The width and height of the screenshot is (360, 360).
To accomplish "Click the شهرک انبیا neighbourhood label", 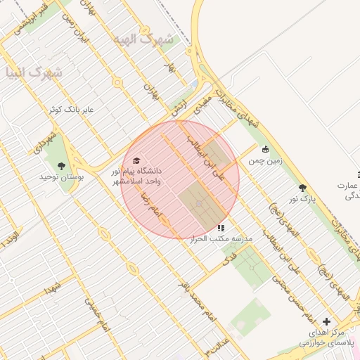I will tap(33, 72).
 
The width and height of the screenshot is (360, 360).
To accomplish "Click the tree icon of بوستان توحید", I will tap(63, 167).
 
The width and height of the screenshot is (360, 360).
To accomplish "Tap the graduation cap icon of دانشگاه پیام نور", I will tap(136, 161).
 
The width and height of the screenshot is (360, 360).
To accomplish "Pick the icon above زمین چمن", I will tap(265, 149).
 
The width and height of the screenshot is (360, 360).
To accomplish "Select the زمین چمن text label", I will tap(265, 161).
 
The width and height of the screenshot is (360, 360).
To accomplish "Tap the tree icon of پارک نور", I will tap(302, 188).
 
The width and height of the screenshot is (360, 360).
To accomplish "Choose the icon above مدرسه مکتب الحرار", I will tap(221, 228).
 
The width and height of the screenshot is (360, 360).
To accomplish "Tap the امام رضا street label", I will tap(152, 205).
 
